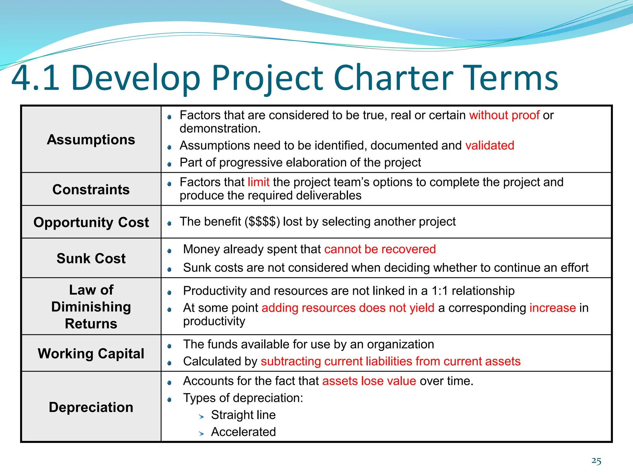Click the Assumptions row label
click(x=91, y=139)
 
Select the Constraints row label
click(x=91, y=189)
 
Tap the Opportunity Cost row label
click(x=91, y=222)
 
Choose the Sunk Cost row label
click(x=91, y=258)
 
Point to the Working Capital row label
click(x=91, y=353)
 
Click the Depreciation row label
click(x=91, y=407)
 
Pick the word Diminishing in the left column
click(x=91, y=307)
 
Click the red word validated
click(x=490, y=145)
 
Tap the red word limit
click(x=258, y=182)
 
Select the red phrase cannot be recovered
click(x=380, y=249)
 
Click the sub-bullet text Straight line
click(x=243, y=415)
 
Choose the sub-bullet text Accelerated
click(x=243, y=432)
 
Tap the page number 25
click(x=596, y=461)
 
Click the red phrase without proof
click(x=504, y=115)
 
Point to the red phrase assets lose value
click(x=369, y=381)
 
